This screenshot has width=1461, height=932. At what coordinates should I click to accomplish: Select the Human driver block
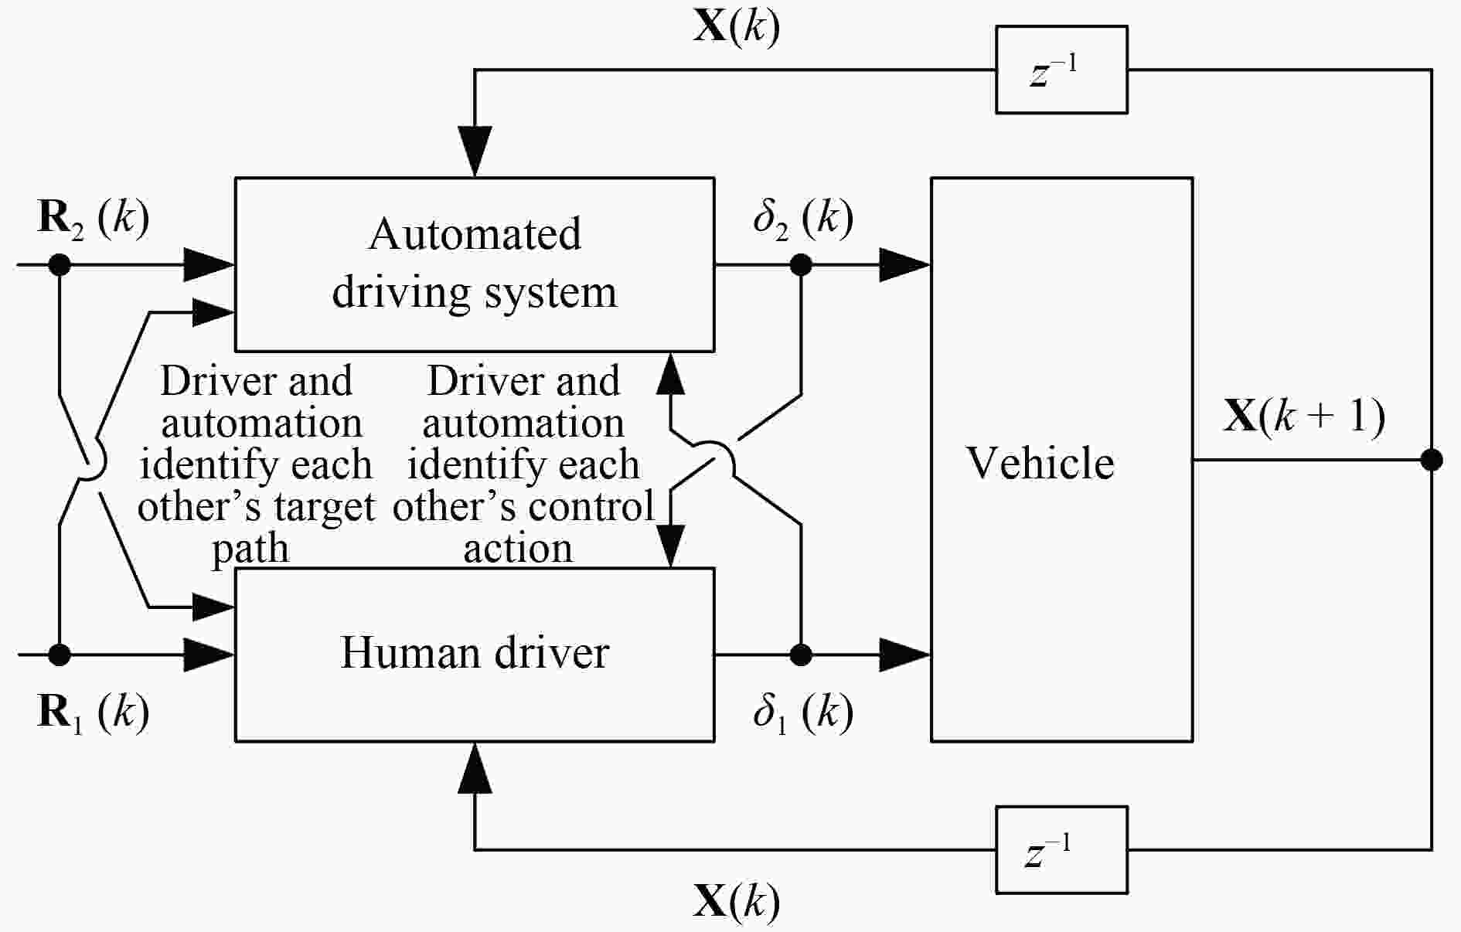point(474,654)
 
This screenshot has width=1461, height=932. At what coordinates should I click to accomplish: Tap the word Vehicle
point(1040,464)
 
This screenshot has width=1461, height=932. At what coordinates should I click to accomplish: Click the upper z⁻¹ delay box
point(1061,70)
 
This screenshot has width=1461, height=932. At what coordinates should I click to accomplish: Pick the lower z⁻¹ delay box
point(1061,849)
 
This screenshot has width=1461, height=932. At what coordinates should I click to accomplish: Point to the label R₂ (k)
point(93,218)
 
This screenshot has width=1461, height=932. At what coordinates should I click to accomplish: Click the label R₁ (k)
point(93,712)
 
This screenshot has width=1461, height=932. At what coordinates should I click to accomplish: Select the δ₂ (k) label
point(802,218)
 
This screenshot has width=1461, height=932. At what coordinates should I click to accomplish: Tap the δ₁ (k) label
point(802,712)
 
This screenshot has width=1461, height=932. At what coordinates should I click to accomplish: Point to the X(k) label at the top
point(736,27)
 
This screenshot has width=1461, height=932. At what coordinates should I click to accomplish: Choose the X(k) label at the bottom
point(736,901)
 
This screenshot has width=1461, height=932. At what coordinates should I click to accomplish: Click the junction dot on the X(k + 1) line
point(1432,460)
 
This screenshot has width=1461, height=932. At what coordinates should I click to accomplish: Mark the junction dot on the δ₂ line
point(801,265)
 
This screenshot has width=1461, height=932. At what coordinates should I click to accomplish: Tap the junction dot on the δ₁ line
point(801,655)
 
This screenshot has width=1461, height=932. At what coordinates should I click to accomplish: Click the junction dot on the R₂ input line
point(60,265)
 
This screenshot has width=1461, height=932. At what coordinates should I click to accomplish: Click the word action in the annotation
point(518,549)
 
